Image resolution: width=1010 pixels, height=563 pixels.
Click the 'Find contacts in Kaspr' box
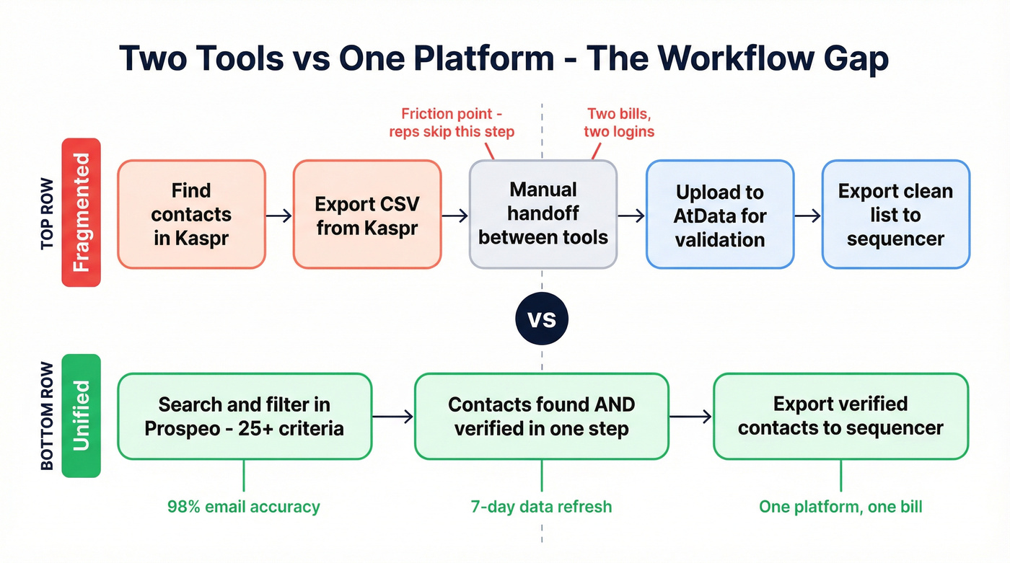pyautogui.click(x=191, y=214)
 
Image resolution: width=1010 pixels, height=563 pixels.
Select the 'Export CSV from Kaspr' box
pyautogui.click(x=366, y=214)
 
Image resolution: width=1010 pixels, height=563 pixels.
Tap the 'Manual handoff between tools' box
pyautogui.click(x=543, y=214)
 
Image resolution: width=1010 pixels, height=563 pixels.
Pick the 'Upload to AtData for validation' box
pyautogui.click(x=719, y=214)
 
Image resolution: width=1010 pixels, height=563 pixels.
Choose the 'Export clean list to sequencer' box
pyautogui.click(x=895, y=214)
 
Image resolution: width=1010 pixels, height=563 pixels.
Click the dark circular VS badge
pyautogui.click(x=542, y=319)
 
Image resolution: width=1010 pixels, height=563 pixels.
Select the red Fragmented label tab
pyautogui.click(x=81, y=213)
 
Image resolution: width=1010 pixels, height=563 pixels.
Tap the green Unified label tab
pyautogui.click(x=81, y=416)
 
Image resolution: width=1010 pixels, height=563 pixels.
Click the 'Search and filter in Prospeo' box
pyautogui.click(x=244, y=416)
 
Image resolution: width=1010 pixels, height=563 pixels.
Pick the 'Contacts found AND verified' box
pyautogui.click(x=542, y=416)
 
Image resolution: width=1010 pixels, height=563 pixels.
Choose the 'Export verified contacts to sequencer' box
pyautogui.click(x=840, y=416)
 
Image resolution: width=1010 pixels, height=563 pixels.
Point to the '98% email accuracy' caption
pyautogui.click(x=244, y=507)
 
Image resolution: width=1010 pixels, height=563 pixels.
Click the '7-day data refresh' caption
pyautogui.click(x=541, y=507)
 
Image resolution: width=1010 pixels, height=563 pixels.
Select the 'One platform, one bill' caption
pyautogui.click(x=840, y=507)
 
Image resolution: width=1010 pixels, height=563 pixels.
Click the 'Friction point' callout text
pyautogui.click(x=452, y=123)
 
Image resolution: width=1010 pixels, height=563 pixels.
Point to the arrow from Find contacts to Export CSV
pyautogui.click(x=278, y=215)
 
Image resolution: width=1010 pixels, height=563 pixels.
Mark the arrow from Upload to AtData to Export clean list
pyautogui.click(x=807, y=215)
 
